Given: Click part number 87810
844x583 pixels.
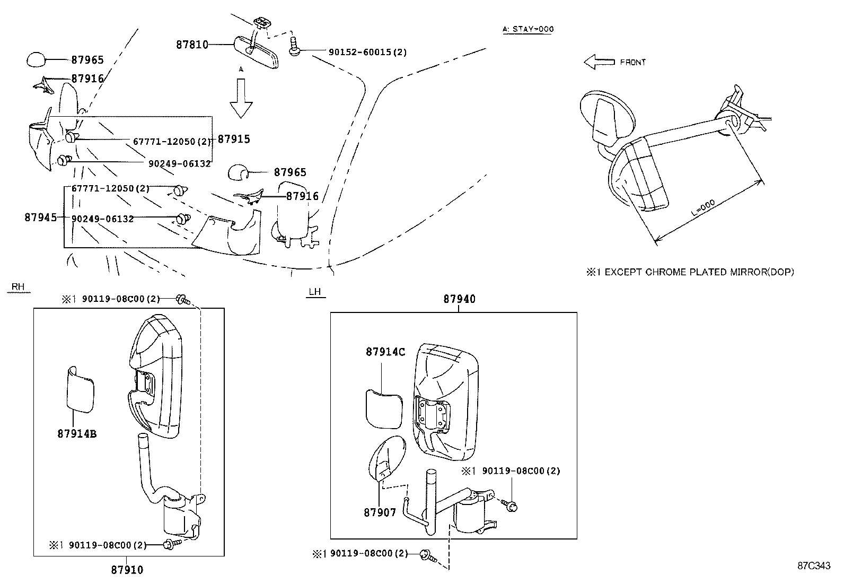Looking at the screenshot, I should [192, 45].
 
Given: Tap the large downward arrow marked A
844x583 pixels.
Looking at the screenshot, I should [241, 98].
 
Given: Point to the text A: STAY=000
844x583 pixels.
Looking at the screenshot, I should [527, 29].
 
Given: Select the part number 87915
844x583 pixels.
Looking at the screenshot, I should [234, 139].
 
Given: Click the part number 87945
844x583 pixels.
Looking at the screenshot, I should [40, 217].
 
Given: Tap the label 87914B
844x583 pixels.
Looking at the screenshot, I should [77, 433].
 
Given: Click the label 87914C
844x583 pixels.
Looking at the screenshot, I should [385, 352].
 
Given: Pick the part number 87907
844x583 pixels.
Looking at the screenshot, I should [380, 513].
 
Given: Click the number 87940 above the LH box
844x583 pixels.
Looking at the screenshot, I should [459, 299].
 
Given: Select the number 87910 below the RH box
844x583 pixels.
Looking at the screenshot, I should [127, 570].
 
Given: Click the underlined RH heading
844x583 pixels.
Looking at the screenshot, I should [18, 287].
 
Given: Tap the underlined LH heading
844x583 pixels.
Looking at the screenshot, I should [316, 292].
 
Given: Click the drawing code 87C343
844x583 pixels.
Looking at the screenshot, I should [814, 565].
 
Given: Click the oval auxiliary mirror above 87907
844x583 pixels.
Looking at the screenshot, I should [386, 457].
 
